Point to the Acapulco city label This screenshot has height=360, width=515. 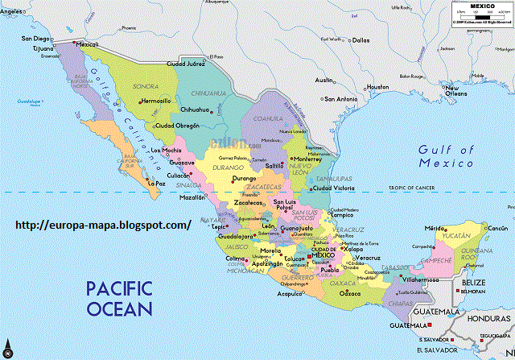tap(287, 295)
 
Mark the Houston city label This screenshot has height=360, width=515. tap(377, 87)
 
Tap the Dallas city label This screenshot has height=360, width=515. tap(360, 39)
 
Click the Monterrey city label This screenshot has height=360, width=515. tap(307, 159)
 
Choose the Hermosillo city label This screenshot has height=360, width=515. tap(155, 101)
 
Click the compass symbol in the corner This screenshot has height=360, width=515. tap(7, 350)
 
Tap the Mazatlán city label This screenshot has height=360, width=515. tap(192, 197)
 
